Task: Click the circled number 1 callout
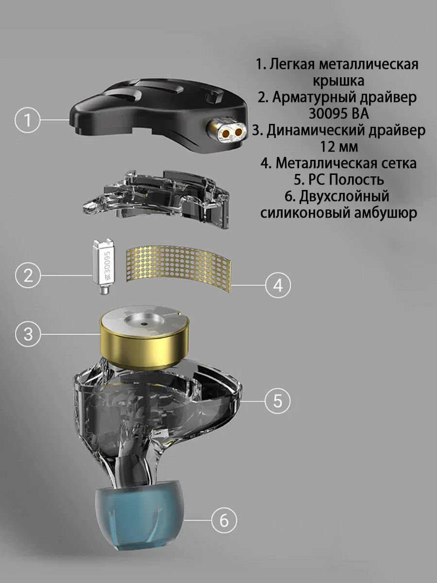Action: [x=28, y=120]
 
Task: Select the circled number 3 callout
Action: [x=28, y=334]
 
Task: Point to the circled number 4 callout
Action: [x=278, y=286]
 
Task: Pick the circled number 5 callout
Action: [x=278, y=401]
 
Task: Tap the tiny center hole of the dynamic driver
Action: [x=144, y=325]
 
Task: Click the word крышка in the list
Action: [x=338, y=81]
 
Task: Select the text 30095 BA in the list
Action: [x=339, y=114]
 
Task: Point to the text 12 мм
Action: [x=339, y=147]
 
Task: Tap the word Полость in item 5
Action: [x=356, y=180]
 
